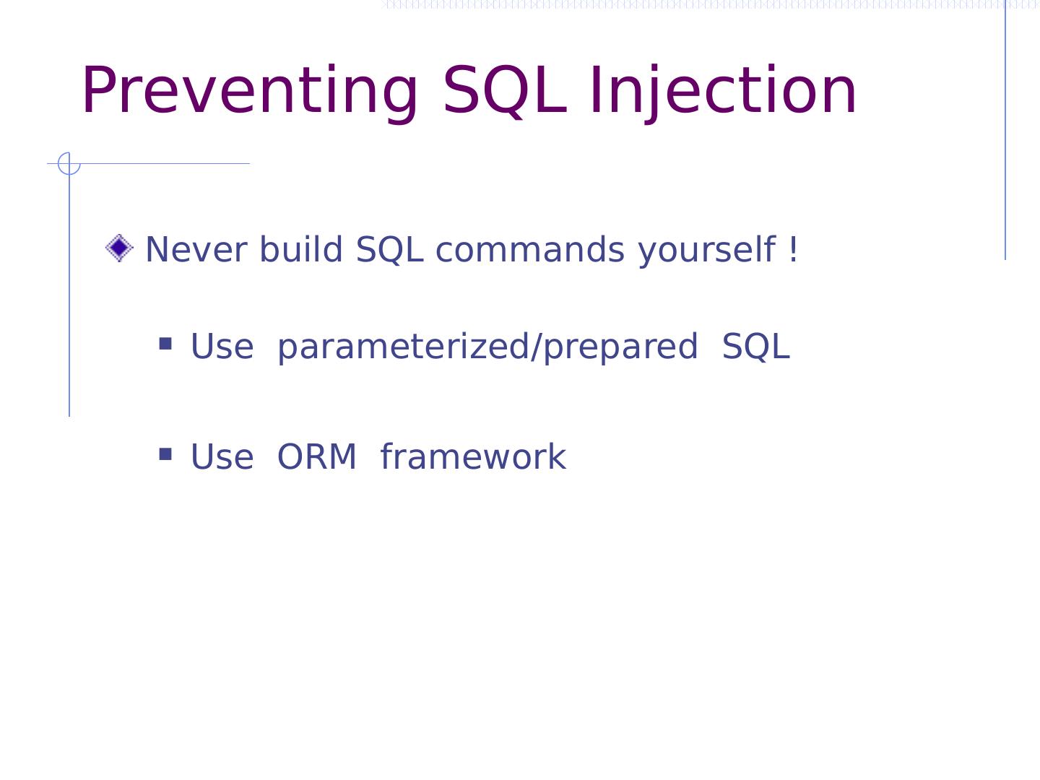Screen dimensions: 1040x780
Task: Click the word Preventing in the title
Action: point(250,91)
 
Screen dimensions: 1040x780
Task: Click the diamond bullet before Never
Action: point(119,248)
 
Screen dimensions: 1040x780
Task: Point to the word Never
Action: point(196,249)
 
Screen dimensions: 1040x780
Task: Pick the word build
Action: point(301,248)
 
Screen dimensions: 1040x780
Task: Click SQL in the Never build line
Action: point(389,249)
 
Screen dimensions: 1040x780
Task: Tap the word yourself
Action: point(706,250)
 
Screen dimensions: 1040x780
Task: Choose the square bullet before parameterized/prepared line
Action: point(165,343)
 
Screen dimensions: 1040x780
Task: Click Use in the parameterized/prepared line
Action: point(222,346)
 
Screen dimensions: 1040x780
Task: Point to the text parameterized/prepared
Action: point(487,347)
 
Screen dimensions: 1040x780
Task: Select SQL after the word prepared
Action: point(755,346)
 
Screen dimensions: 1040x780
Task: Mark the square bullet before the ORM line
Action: point(165,454)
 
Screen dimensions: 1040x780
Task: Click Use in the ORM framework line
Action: point(222,457)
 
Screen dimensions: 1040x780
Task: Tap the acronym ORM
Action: point(316,457)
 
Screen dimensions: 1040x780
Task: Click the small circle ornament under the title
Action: point(69,164)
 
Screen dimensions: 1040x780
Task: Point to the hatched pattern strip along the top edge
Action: point(710,4)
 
